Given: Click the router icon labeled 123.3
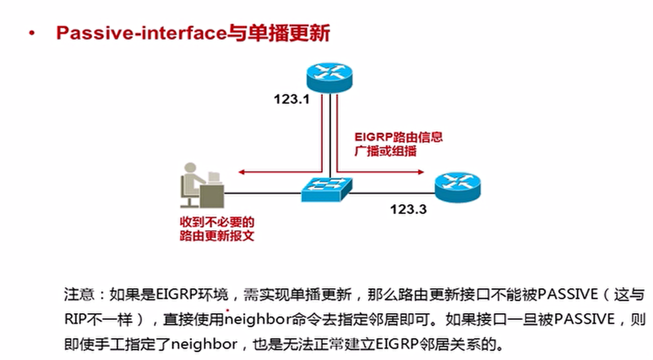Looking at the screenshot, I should point(458,186).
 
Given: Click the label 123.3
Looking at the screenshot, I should point(409,209).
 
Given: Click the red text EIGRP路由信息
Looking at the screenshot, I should point(398,138).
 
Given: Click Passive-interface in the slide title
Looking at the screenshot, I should point(141,33).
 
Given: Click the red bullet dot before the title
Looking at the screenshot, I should point(32,34).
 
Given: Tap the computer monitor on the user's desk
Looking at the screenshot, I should point(213,177).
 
